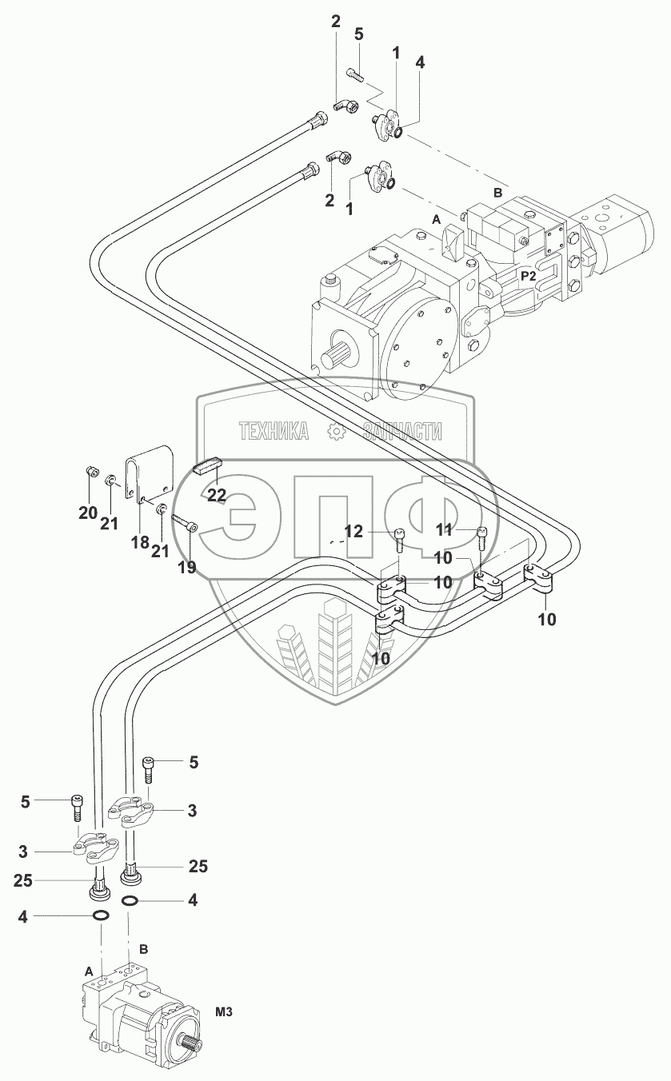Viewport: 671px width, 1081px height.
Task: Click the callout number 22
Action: tap(216, 495)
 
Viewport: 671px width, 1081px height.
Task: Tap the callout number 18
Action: tap(140, 542)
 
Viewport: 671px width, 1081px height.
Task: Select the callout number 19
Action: tap(187, 567)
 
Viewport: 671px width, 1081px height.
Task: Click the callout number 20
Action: tap(88, 513)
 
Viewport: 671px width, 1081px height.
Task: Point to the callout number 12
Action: tap(353, 532)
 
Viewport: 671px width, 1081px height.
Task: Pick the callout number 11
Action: tap(444, 530)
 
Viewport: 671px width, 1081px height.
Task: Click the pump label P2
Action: tap(529, 276)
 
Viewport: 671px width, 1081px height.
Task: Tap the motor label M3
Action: tap(223, 1008)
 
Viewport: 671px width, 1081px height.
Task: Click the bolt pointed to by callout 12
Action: tap(399, 540)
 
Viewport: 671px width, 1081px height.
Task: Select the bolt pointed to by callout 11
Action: tap(481, 537)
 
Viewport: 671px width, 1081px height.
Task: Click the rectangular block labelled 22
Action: tap(208, 467)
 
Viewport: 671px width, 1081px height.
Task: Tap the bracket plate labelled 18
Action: tap(150, 472)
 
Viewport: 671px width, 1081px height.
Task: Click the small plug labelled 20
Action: tap(90, 470)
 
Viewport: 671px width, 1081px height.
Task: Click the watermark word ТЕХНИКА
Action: tap(274, 431)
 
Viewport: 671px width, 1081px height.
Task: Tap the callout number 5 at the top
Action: tap(358, 34)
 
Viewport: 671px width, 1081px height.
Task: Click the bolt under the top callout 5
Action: tap(355, 76)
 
